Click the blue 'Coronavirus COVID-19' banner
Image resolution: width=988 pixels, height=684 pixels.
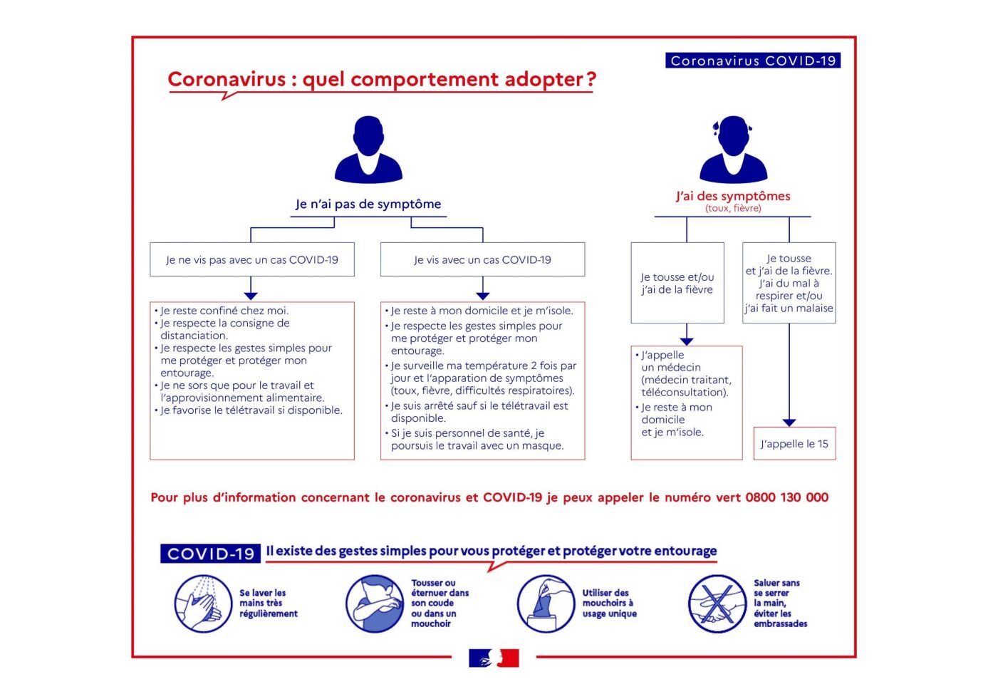click(753, 61)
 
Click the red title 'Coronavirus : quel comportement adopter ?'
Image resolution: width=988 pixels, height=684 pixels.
click(381, 79)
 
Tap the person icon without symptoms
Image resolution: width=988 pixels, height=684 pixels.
click(368, 150)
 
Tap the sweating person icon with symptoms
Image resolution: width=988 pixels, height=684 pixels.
click(733, 150)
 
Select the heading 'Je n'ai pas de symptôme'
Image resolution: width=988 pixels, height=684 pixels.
click(368, 204)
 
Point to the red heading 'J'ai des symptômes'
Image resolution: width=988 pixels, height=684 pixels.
click(733, 196)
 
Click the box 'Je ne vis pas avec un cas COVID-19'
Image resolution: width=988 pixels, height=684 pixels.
click(252, 259)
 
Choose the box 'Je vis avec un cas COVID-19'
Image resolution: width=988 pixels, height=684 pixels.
click(482, 259)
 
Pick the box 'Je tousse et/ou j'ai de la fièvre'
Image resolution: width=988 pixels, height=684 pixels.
click(677, 283)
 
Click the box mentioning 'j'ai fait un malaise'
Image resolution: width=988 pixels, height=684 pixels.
click(789, 283)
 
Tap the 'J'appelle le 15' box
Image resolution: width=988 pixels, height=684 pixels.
click(794, 443)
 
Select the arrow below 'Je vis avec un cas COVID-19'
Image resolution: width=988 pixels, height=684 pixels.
click(483, 294)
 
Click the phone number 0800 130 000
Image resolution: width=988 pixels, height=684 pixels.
click(786, 497)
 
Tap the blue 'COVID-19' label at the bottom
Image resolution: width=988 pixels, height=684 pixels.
click(211, 554)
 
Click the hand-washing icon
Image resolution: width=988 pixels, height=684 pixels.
click(203, 604)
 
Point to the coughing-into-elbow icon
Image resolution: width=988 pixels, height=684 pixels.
click(375, 604)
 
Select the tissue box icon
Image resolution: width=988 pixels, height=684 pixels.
click(546, 604)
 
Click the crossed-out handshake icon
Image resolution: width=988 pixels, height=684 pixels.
click(717, 604)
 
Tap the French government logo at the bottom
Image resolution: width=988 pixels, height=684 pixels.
click(494, 658)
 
